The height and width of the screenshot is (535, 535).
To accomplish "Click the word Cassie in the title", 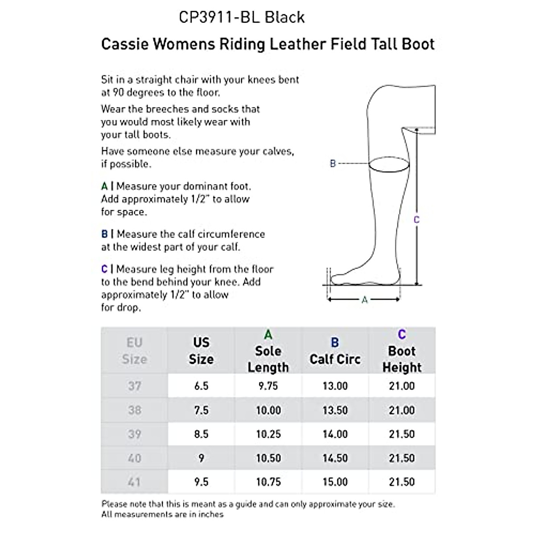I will tap(124, 44).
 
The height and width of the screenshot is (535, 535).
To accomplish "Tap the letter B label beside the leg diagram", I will tap(333, 164).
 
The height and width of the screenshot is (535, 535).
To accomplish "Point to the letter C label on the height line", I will tap(416, 220).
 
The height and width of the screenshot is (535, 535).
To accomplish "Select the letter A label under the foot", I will tap(364, 300).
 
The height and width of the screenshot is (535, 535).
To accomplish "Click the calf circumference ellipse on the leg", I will tap(389, 164).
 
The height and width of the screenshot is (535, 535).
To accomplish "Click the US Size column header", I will tap(201, 351).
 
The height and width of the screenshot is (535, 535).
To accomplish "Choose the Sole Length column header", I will tap(268, 359).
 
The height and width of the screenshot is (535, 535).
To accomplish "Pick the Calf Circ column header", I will tap(335, 359).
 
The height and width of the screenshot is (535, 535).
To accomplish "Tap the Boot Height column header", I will tap(402, 359).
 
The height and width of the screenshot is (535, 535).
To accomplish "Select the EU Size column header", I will tap(134, 351).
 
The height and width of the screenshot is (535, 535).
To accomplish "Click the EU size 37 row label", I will tap(134, 386).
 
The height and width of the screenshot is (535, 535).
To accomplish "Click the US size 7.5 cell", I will tap(201, 410).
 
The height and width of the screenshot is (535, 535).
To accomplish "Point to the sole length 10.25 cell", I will tap(268, 434).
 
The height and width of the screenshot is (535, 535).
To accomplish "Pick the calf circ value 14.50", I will tap(335, 458).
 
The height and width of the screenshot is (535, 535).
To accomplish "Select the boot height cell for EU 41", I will tap(402, 482).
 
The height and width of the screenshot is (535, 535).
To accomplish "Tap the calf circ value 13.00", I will tap(335, 386).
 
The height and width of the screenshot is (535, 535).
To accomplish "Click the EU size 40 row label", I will tap(134, 458).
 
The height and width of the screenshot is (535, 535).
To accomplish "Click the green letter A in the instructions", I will tap(104, 186).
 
